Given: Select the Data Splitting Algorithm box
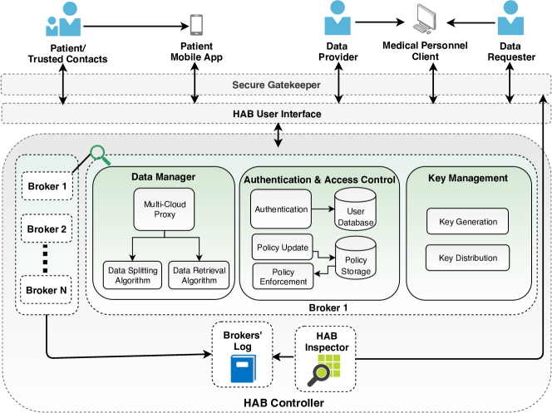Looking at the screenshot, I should click(131, 273).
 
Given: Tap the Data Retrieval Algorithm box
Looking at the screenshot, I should click(200, 273).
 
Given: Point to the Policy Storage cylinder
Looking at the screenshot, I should click(355, 258).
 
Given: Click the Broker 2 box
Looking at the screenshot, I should click(47, 229).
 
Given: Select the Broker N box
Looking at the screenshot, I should click(47, 291).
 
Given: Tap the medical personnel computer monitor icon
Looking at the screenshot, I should click(431, 21).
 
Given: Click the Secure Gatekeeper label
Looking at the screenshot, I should click(277, 84).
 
